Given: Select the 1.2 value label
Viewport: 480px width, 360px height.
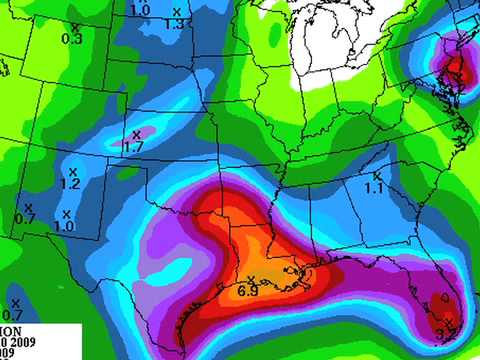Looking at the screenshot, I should click(x=70, y=185).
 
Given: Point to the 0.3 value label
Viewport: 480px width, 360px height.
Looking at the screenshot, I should click(x=72, y=39).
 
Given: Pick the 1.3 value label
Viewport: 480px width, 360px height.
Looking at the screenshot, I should click(x=173, y=24).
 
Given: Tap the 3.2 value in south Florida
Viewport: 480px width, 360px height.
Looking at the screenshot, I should click(x=447, y=330).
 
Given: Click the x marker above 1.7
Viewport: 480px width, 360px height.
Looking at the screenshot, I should click(x=138, y=133).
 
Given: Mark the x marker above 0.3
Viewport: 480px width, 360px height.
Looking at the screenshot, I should click(x=75, y=27).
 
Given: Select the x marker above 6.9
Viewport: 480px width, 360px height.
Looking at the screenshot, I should click(x=251, y=278).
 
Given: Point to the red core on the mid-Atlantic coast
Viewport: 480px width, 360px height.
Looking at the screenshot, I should click(x=455, y=70).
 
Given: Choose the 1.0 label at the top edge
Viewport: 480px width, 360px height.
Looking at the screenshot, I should click(x=141, y=9).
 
